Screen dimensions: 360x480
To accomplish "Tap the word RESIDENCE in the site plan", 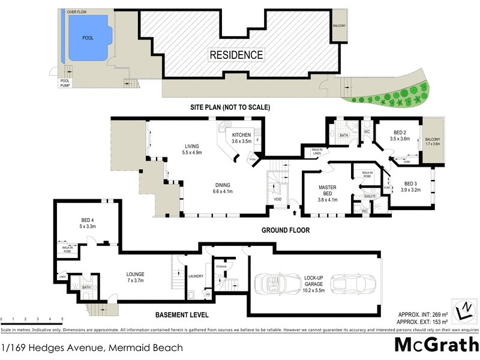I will point(236,55).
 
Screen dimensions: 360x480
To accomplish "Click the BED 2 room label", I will point(400,135).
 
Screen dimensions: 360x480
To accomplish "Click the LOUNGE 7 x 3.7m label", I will point(135,278).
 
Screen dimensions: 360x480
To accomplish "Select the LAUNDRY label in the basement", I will point(196,277).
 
